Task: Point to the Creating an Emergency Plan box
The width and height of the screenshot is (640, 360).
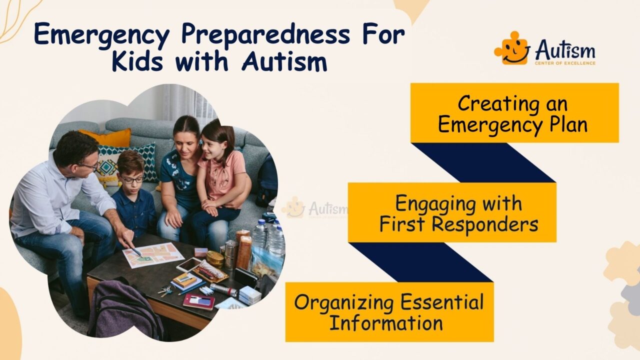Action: [x=514, y=113]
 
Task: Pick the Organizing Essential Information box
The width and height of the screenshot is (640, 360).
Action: [x=389, y=312]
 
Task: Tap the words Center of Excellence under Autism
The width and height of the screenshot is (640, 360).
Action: [x=565, y=63]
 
